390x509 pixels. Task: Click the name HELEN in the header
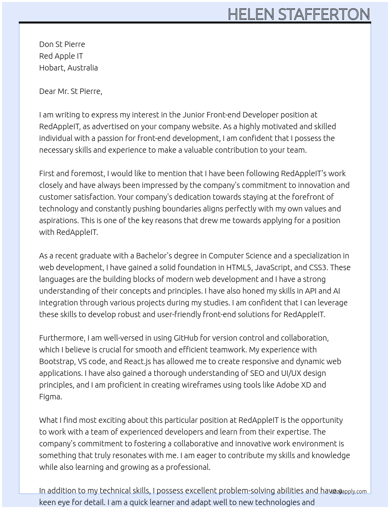pos(251,14)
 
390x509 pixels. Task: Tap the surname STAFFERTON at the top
pos(324,14)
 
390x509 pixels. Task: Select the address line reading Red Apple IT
pos(61,56)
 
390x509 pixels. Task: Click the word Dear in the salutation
pos(47,91)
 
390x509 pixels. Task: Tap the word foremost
pos(88,173)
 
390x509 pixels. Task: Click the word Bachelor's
pos(154,256)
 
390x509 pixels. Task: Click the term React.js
pos(138,361)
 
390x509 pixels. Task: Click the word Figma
pos(50,397)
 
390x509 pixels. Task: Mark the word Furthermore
pos(62,338)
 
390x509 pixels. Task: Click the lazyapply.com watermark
pos(349,491)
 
